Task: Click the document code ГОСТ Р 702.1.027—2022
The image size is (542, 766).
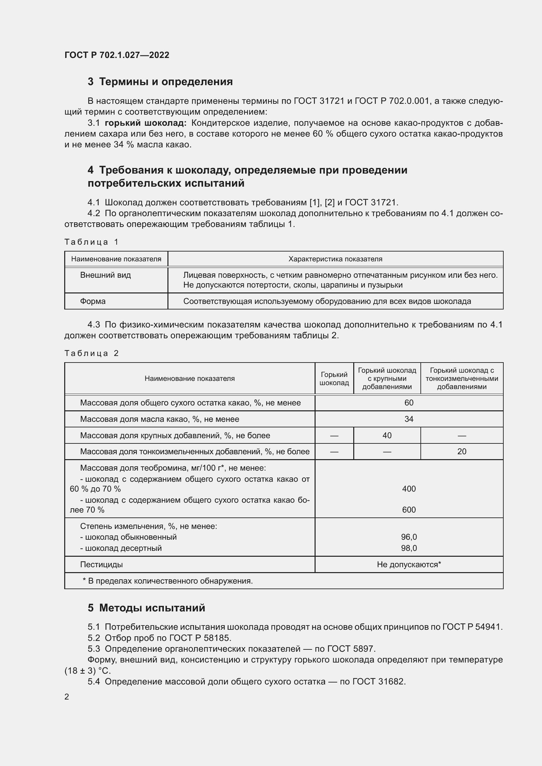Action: pyautogui.click(x=117, y=55)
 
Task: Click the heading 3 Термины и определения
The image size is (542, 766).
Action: pyautogui.click(x=160, y=82)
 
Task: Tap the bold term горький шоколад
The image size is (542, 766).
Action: pyautogui.click(x=145, y=123)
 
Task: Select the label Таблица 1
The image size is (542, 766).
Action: pyautogui.click(x=91, y=242)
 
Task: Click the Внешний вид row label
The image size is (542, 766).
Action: pyautogui.click(x=106, y=275)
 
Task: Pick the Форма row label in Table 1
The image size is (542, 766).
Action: pyautogui.click(x=93, y=301)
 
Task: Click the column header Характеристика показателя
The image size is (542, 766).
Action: pyautogui.click(x=335, y=259)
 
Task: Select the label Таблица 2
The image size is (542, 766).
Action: pyautogui.click(x=91, y=353)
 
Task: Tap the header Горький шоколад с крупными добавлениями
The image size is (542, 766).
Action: pyautogui.click(x=387, y=378)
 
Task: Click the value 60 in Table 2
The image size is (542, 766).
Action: pyautogui.click(x=409, y=403)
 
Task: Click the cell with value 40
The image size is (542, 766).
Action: pyautogui.click(x=387, y=435)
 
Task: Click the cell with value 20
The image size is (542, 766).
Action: pyautogui.click(x=462, y=451)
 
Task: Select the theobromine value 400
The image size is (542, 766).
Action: pyautogui.click(x=409, y=489)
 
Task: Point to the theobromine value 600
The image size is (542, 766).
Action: pyautogui.click(x=409, y=510)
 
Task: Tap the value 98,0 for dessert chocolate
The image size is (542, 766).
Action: pyautogui.click(x=409, y=548)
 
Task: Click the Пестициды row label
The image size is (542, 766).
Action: pyautogui.click(x=102, y=565)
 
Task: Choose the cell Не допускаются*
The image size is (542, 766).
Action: pyautogui.click(x=409, y=565)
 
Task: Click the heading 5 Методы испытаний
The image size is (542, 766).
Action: pyautogui.click(x=146, y=608)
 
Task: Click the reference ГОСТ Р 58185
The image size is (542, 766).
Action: pyautogui.click(x=200, y=638)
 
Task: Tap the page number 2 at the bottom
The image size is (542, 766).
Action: pyautogui.click(x=67, y=697)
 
